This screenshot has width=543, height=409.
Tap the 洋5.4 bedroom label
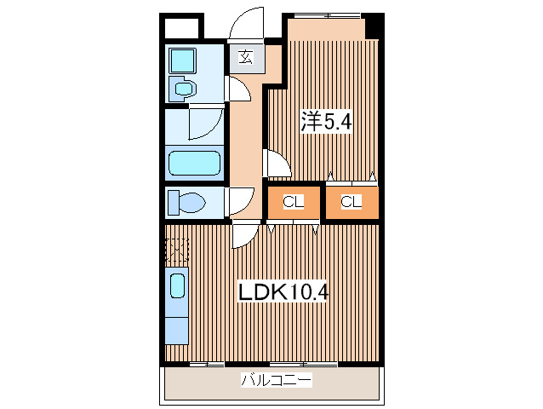pos(325,122)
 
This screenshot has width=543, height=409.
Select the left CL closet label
pos(294,202)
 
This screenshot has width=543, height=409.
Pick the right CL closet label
pos(352,202)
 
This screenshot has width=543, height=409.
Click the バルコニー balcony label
pos(274,380)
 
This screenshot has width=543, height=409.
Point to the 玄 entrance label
pos(246,58)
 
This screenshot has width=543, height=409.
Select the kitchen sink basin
pos(178,284)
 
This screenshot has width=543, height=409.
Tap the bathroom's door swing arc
pos(205,124)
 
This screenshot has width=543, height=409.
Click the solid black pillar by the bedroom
pos(373,26)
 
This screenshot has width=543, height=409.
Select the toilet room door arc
pos(237,201)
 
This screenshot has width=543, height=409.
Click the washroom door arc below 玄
pos(237,88)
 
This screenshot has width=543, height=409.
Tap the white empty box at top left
pos(180,26)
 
